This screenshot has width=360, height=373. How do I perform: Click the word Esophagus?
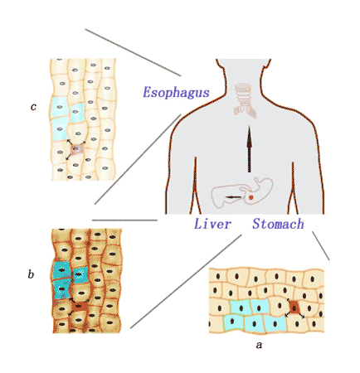pyautogui.click(x=176, y=93)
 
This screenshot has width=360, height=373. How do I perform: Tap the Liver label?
pyautogui.click(x=212, y=224)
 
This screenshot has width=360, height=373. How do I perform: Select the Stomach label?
pyautogui.click(x=278, y=224)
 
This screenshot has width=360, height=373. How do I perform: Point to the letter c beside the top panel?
pyautogui.click(x=33, y=107)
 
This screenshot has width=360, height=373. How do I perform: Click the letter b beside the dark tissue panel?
pyautogui.click(x=31, y=274)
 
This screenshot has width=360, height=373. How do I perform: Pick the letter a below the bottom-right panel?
pyautogui.click(x=259, y=345)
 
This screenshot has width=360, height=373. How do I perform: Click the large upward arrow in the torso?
pyautogui.click(x=250, y=149)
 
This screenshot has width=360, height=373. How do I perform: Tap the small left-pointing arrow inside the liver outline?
pyautogui.click(x=233, y=197)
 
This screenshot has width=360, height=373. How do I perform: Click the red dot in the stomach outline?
pyautogui.click(x=251, y=197)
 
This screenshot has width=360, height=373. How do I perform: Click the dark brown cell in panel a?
pyautogui.click(x=294, y=308)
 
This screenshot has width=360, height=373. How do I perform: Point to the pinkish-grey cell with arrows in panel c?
pyautogui.click(x=76, y=150)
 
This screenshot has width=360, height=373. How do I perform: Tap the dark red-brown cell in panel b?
pyautogui.click(x=80, y=306)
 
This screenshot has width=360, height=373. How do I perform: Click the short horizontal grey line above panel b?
pyautogui.click(x=124, y=220)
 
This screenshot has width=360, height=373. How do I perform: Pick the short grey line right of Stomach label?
pyautogui.click(x=321, y=245)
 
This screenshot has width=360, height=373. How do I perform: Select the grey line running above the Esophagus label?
pyautogui.click(x=133, y=52)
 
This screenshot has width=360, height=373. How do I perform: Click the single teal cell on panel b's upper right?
pyautogui.click(x=80, y=274)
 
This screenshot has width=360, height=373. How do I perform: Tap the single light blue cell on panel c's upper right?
pyautogui.click(x=77, y=113)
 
